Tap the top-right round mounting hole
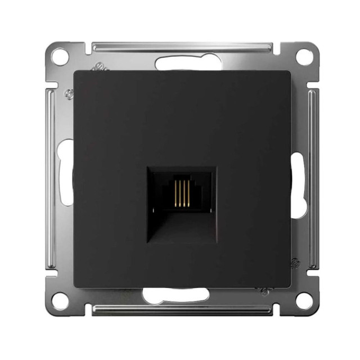click(304, 56)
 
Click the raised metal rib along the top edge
click(180, 45)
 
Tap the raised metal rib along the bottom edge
click(180, 310)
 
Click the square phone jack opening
click(180, 202)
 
